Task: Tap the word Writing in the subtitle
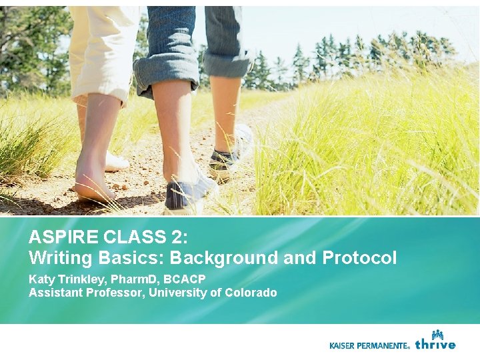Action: pos(57,258)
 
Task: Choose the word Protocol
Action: pos(359,258)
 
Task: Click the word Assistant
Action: pos(55,293)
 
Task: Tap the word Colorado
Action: pos(251,293)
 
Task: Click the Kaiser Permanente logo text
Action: pos(369,345)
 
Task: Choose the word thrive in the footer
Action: pos(435,344)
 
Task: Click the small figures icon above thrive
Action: pos(437,334)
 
